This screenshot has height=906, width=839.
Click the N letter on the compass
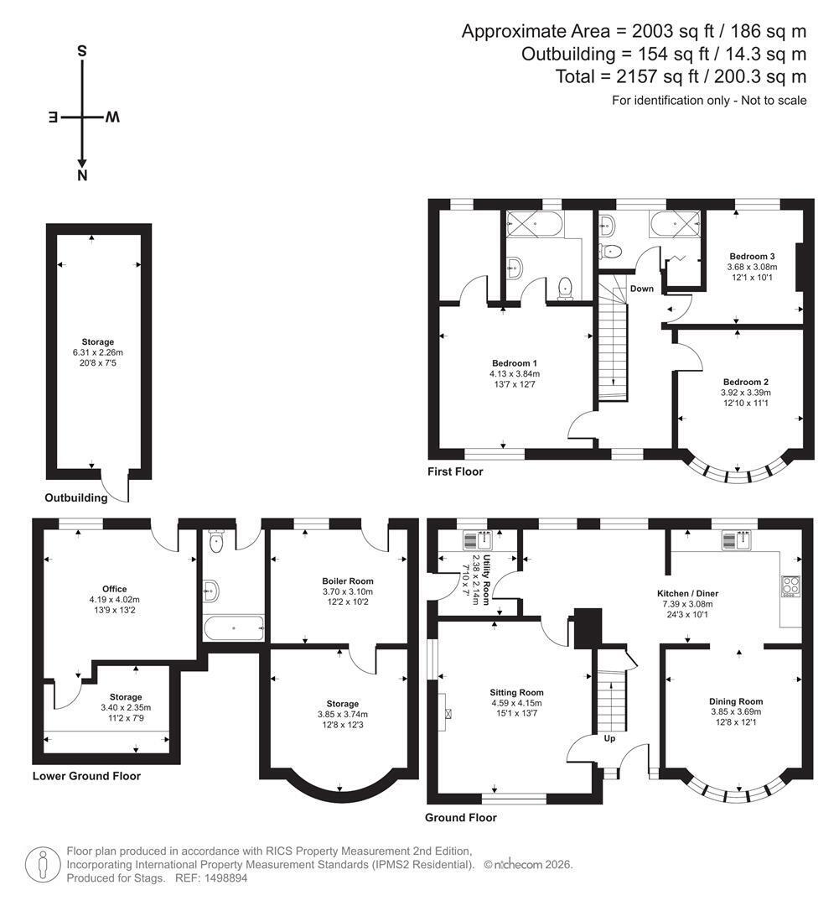tap(82, 175)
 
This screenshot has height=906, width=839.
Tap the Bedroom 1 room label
tap(515, 363)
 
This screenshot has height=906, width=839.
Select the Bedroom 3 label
tap(752, 257)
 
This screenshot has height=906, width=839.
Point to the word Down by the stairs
tap(642, 289)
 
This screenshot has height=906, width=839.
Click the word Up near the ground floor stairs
tap(609, 738)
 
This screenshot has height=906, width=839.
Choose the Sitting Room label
tap(517, 693)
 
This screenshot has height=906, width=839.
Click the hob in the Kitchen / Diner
tap(790, 586)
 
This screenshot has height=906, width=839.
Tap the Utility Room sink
tap(477, 541)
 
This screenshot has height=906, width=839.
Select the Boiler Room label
tap(348, 581)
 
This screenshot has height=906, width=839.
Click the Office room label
tap(114, 590)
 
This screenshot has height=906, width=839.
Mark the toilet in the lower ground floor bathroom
tap(216, 541)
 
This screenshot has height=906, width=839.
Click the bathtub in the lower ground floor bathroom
tap(234, 628)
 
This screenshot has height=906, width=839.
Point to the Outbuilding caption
tap(76, 498)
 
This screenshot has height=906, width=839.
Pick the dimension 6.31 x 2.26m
tap(97, 352)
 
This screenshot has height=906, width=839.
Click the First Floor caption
tap(455, 471)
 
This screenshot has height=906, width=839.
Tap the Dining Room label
tap(736, 702)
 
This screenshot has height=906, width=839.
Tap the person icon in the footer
tap(43, 865)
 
